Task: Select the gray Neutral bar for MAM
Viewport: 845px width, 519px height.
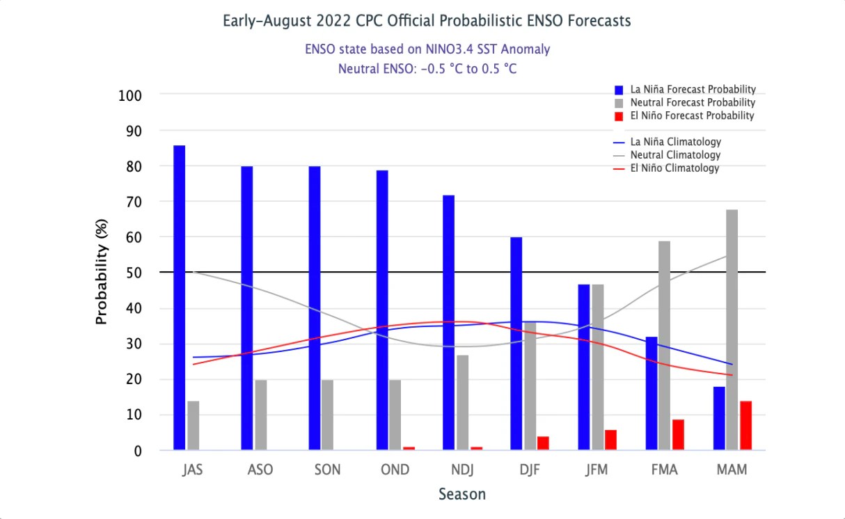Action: [x=732, y=330]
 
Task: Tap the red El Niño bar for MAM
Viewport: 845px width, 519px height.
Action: [x=745, y=426]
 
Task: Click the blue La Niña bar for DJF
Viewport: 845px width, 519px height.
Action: [x=516, y=344]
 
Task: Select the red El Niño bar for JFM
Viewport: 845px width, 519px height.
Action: [x=610, y=440]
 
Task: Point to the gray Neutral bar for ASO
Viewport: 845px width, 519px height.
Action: [x=260, y=415]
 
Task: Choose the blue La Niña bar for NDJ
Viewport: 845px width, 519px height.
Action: [x=449, y=323]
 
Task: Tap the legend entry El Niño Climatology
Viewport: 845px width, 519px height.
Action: [x=674, y=168]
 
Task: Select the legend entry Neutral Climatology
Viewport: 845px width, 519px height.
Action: [x=674, y=155]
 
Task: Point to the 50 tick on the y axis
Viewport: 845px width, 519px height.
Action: [x=132, y=273]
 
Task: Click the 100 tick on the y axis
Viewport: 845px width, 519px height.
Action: [x=128, y=95]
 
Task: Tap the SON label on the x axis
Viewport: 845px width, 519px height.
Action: [x=327, y=470]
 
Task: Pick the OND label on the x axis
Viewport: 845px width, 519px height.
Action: [x=395, y=470]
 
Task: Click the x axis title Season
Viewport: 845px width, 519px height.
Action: [x=462, y=495]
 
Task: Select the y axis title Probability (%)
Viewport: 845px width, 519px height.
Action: [x=102, y=273]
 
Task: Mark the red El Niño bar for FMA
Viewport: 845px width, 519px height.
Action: [x=678, y=435]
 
